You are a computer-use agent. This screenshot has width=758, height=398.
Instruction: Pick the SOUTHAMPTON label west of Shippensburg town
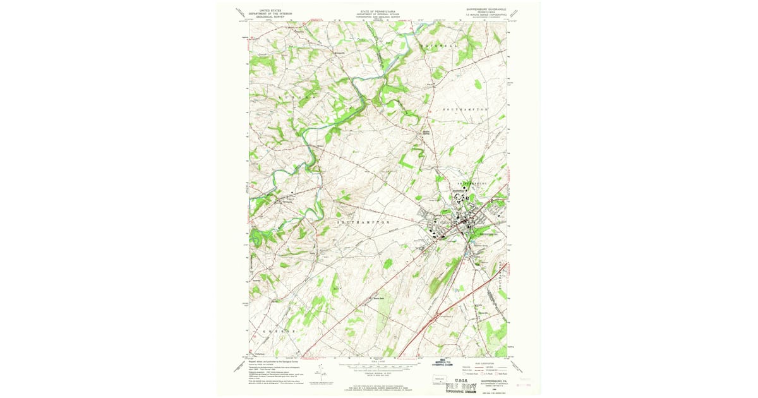(363, 223)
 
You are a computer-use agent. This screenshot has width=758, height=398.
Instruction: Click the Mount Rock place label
(378, 298)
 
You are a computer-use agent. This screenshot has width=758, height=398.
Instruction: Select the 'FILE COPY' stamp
(462, 387)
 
